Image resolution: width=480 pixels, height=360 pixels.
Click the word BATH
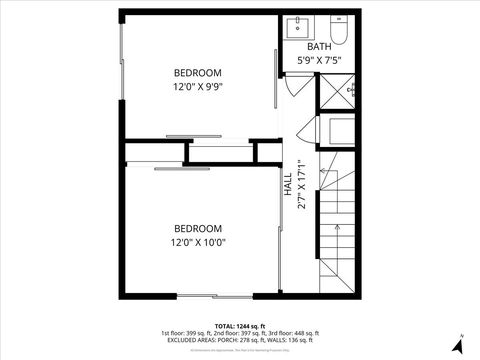pos(319,47)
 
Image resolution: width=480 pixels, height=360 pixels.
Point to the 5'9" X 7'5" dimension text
pos(320,61)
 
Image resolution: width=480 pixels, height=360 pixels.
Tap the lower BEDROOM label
pos(197,227)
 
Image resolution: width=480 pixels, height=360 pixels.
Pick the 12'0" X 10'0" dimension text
pos(197,242)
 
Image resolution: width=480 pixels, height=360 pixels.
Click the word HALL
pos(288,184)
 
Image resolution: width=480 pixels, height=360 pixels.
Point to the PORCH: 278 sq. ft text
pos(244,340)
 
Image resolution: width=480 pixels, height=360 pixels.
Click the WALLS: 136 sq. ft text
pos(299,340)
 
